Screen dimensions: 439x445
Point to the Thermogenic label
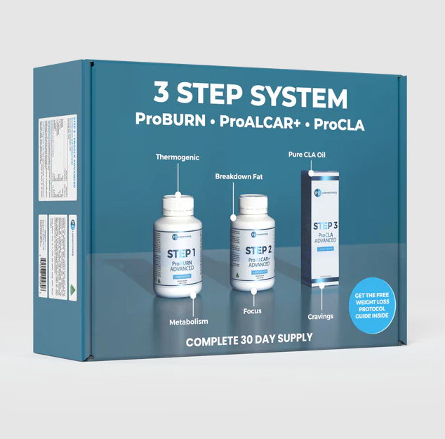tap(178, 158)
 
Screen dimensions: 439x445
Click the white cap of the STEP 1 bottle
tap(180, 206)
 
